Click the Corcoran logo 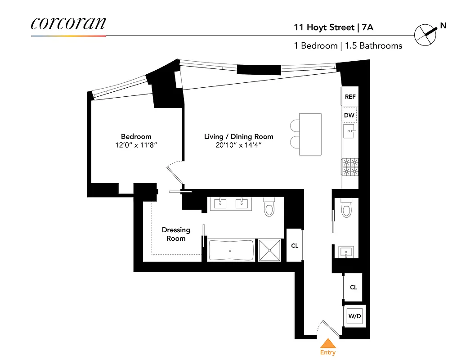tap(68, 23)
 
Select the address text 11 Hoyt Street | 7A tap(333, 27)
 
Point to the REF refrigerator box tap(350, 97)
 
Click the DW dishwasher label tap(349, 115)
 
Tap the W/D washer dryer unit tap(354, 316)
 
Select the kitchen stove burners tap(350, 167)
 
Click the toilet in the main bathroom tap(269, 207)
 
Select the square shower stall tap(269, 250)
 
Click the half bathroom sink tap(347, 251)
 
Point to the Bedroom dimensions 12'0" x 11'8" tap(136, 145)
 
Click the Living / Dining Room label tap(238, 136)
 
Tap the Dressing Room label tap(176, 234)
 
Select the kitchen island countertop tap(310, 134)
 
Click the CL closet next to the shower tap(295, 246)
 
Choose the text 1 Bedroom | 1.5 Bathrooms tap(348, 46)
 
